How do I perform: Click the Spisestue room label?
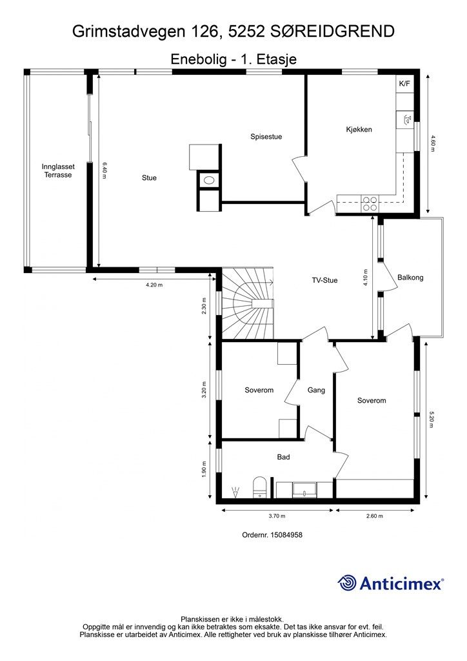click(266, 137)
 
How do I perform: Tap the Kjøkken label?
click(359, 129)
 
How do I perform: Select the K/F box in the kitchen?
click(404, 83)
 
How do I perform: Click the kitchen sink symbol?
click(407, 119)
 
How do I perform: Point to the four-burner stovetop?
click(370, 204)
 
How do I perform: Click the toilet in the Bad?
click(260, 488)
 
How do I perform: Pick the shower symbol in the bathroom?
click(235, 491)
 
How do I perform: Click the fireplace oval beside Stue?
click(209, 181)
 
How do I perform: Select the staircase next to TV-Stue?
click(248, 303)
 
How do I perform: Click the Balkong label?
click(410, 278)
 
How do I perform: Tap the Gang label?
click(316, 391)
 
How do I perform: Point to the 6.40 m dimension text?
click(105, 170)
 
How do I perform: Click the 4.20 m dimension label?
click(154, 285)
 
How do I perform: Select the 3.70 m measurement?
click(277, 516)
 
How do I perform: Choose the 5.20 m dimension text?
click(431, 420)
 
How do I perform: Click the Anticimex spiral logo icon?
click(348, 583)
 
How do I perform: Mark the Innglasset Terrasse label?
click(58, 170)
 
